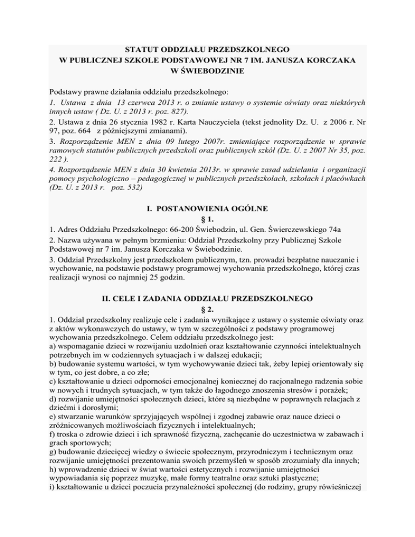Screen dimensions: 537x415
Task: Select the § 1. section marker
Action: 207,237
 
